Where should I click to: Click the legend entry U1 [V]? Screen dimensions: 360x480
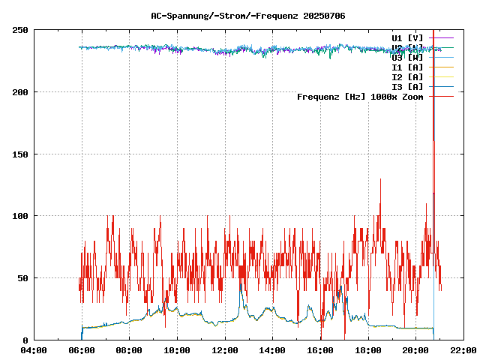click(407, 37)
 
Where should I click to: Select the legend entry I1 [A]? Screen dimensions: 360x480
click(407, 67)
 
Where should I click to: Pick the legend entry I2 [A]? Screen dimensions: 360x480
click(407, 77)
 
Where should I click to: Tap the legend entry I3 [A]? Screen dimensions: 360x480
click(407, 87)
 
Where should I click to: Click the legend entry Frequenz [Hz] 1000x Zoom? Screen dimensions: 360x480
click(360, 97)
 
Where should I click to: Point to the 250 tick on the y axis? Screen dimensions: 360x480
click(21, 30)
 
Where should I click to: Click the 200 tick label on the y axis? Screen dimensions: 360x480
click(21, 92)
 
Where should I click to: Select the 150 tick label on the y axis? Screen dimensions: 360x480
click(21, 154)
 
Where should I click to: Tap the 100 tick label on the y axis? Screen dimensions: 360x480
click(21, 216)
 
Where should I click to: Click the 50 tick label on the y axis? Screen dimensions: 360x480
click(23, 278)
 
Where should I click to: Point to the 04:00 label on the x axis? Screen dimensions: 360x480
click(34, 350)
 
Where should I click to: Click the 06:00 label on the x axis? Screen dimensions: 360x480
click(82, 350)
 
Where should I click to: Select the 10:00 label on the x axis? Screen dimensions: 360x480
click(177, 350)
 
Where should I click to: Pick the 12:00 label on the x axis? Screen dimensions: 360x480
click(225, 350)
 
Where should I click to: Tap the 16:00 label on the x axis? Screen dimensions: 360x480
click(320, 350)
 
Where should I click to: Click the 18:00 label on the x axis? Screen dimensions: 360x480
click(368, 350)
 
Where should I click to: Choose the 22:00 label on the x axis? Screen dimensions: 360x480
click(463, 350)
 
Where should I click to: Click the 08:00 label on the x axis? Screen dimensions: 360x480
click(129, 350)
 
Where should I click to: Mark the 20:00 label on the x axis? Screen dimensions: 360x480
click(416, 350)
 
